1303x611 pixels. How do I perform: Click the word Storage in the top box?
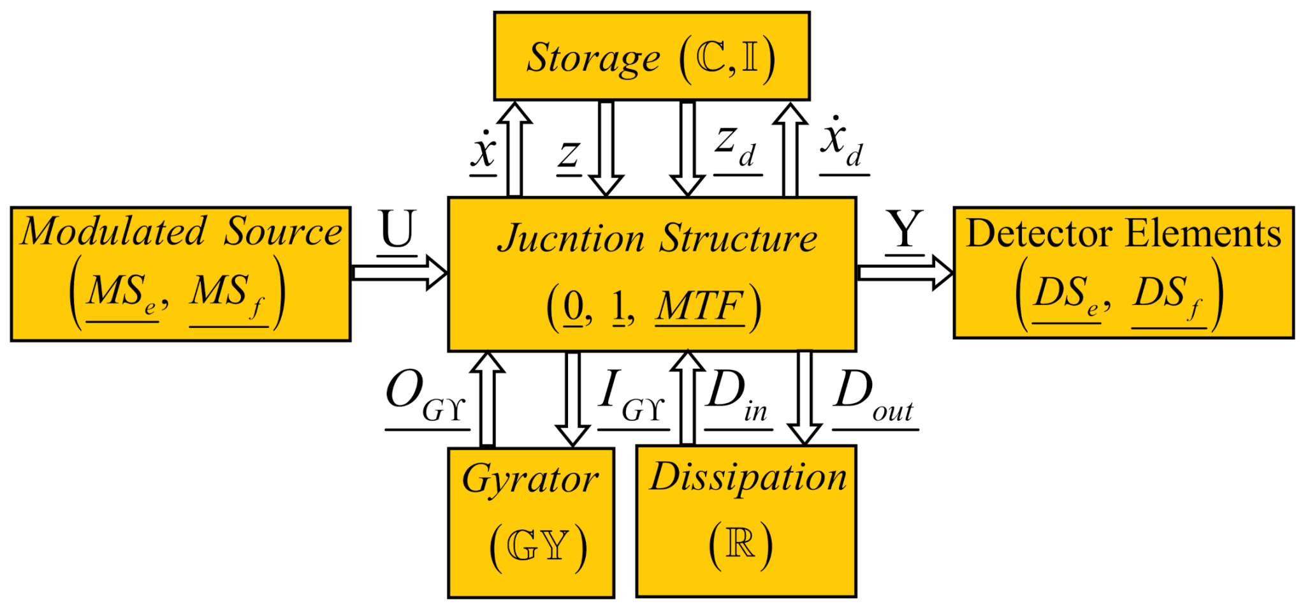[x=593, y=58]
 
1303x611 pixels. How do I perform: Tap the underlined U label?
[x=398, y=231]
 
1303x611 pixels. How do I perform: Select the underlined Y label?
[x=905, y=231]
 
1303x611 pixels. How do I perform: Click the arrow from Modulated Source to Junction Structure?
[x=399, y=273]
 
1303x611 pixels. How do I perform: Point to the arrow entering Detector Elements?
[x=905, y=273]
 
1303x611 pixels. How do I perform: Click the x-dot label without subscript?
[x=484, y=152]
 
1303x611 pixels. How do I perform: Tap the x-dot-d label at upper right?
[x=842, y=145]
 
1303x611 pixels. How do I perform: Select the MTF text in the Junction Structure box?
[x=700, y=307]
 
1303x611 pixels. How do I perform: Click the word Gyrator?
[x=530, y=480]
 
